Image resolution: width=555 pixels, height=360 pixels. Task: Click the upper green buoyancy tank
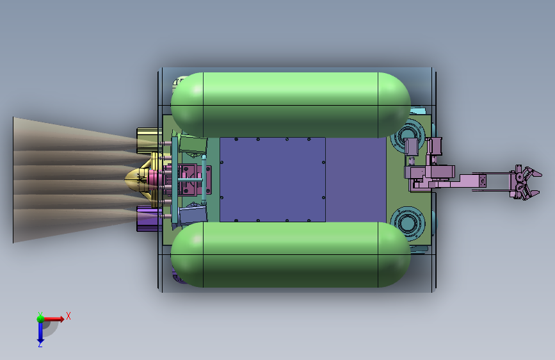(x=290, y=105)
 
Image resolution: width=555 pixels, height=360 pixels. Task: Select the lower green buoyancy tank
(x=290, y=254)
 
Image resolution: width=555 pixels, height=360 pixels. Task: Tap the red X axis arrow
(x=54, y=319)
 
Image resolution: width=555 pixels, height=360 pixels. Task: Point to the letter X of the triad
(x=68, y=316)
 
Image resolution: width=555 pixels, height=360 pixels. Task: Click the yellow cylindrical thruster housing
(x=149, y=141)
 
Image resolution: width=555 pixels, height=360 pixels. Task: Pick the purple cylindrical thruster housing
(x=149, y=218)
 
